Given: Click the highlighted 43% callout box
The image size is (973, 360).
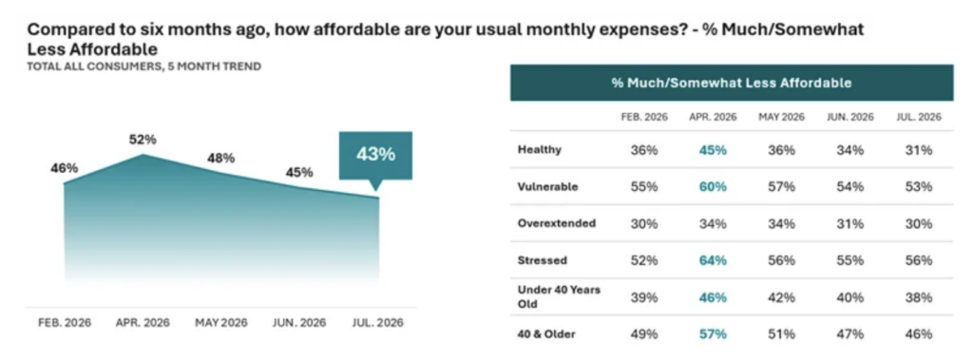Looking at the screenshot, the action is point(375,155).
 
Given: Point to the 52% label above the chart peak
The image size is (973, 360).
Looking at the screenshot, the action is point(143,140).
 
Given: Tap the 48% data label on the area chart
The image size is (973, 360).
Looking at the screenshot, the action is point(220,159).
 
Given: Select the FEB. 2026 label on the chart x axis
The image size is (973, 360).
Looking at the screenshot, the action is point(65,323).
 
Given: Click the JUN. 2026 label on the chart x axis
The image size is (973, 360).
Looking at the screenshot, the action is point(299,323).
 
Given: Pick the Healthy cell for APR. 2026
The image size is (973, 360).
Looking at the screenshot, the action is point(713,149).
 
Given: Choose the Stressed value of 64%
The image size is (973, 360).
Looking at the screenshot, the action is point(713,260).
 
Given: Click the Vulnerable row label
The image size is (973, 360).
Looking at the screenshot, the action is point(547,186).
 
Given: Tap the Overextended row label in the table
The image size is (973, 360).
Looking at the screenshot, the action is point(557,223).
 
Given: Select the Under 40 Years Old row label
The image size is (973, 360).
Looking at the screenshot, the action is point(559,296).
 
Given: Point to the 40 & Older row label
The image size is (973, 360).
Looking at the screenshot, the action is point(546,334).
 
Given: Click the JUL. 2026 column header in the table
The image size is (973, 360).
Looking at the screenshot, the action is point(919,117).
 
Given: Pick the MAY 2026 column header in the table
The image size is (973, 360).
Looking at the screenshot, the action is point(781,117).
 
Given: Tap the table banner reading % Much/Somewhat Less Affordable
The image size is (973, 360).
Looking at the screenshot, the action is point(732,83).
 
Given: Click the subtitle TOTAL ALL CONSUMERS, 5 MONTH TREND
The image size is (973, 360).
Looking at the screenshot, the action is point(144,66).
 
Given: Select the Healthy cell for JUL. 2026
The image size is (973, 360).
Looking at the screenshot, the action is point(919,149).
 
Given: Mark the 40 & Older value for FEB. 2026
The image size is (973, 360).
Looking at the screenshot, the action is point(644,334).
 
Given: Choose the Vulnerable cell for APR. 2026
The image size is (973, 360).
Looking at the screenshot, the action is point(713,186).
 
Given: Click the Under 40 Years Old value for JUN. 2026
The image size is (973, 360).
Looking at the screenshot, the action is point(849,297).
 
